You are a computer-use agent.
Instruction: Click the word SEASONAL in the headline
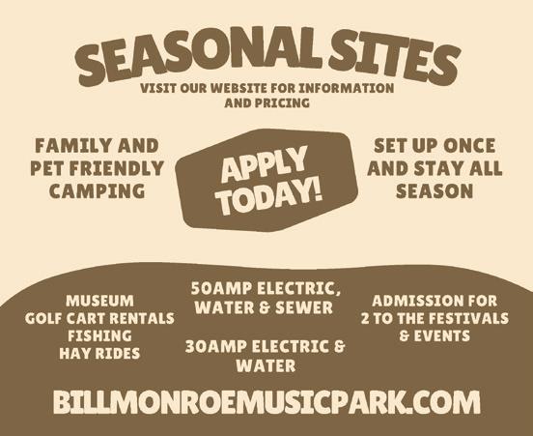199,53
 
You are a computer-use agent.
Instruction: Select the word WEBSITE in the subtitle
238,88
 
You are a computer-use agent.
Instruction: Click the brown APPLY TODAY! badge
266,180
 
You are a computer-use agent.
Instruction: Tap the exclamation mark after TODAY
316,189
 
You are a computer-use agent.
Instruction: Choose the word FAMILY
74,146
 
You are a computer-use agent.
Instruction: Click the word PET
47,168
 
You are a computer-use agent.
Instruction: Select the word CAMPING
98,190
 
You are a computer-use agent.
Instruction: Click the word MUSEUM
100,301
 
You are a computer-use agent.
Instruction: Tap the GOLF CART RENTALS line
99,319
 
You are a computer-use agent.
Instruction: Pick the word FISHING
100,336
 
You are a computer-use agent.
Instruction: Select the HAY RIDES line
99,354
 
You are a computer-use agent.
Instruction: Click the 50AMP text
221,288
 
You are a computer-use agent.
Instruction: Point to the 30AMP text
216,347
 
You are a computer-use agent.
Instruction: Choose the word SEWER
304,307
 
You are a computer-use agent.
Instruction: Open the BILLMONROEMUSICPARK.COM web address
266,402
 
